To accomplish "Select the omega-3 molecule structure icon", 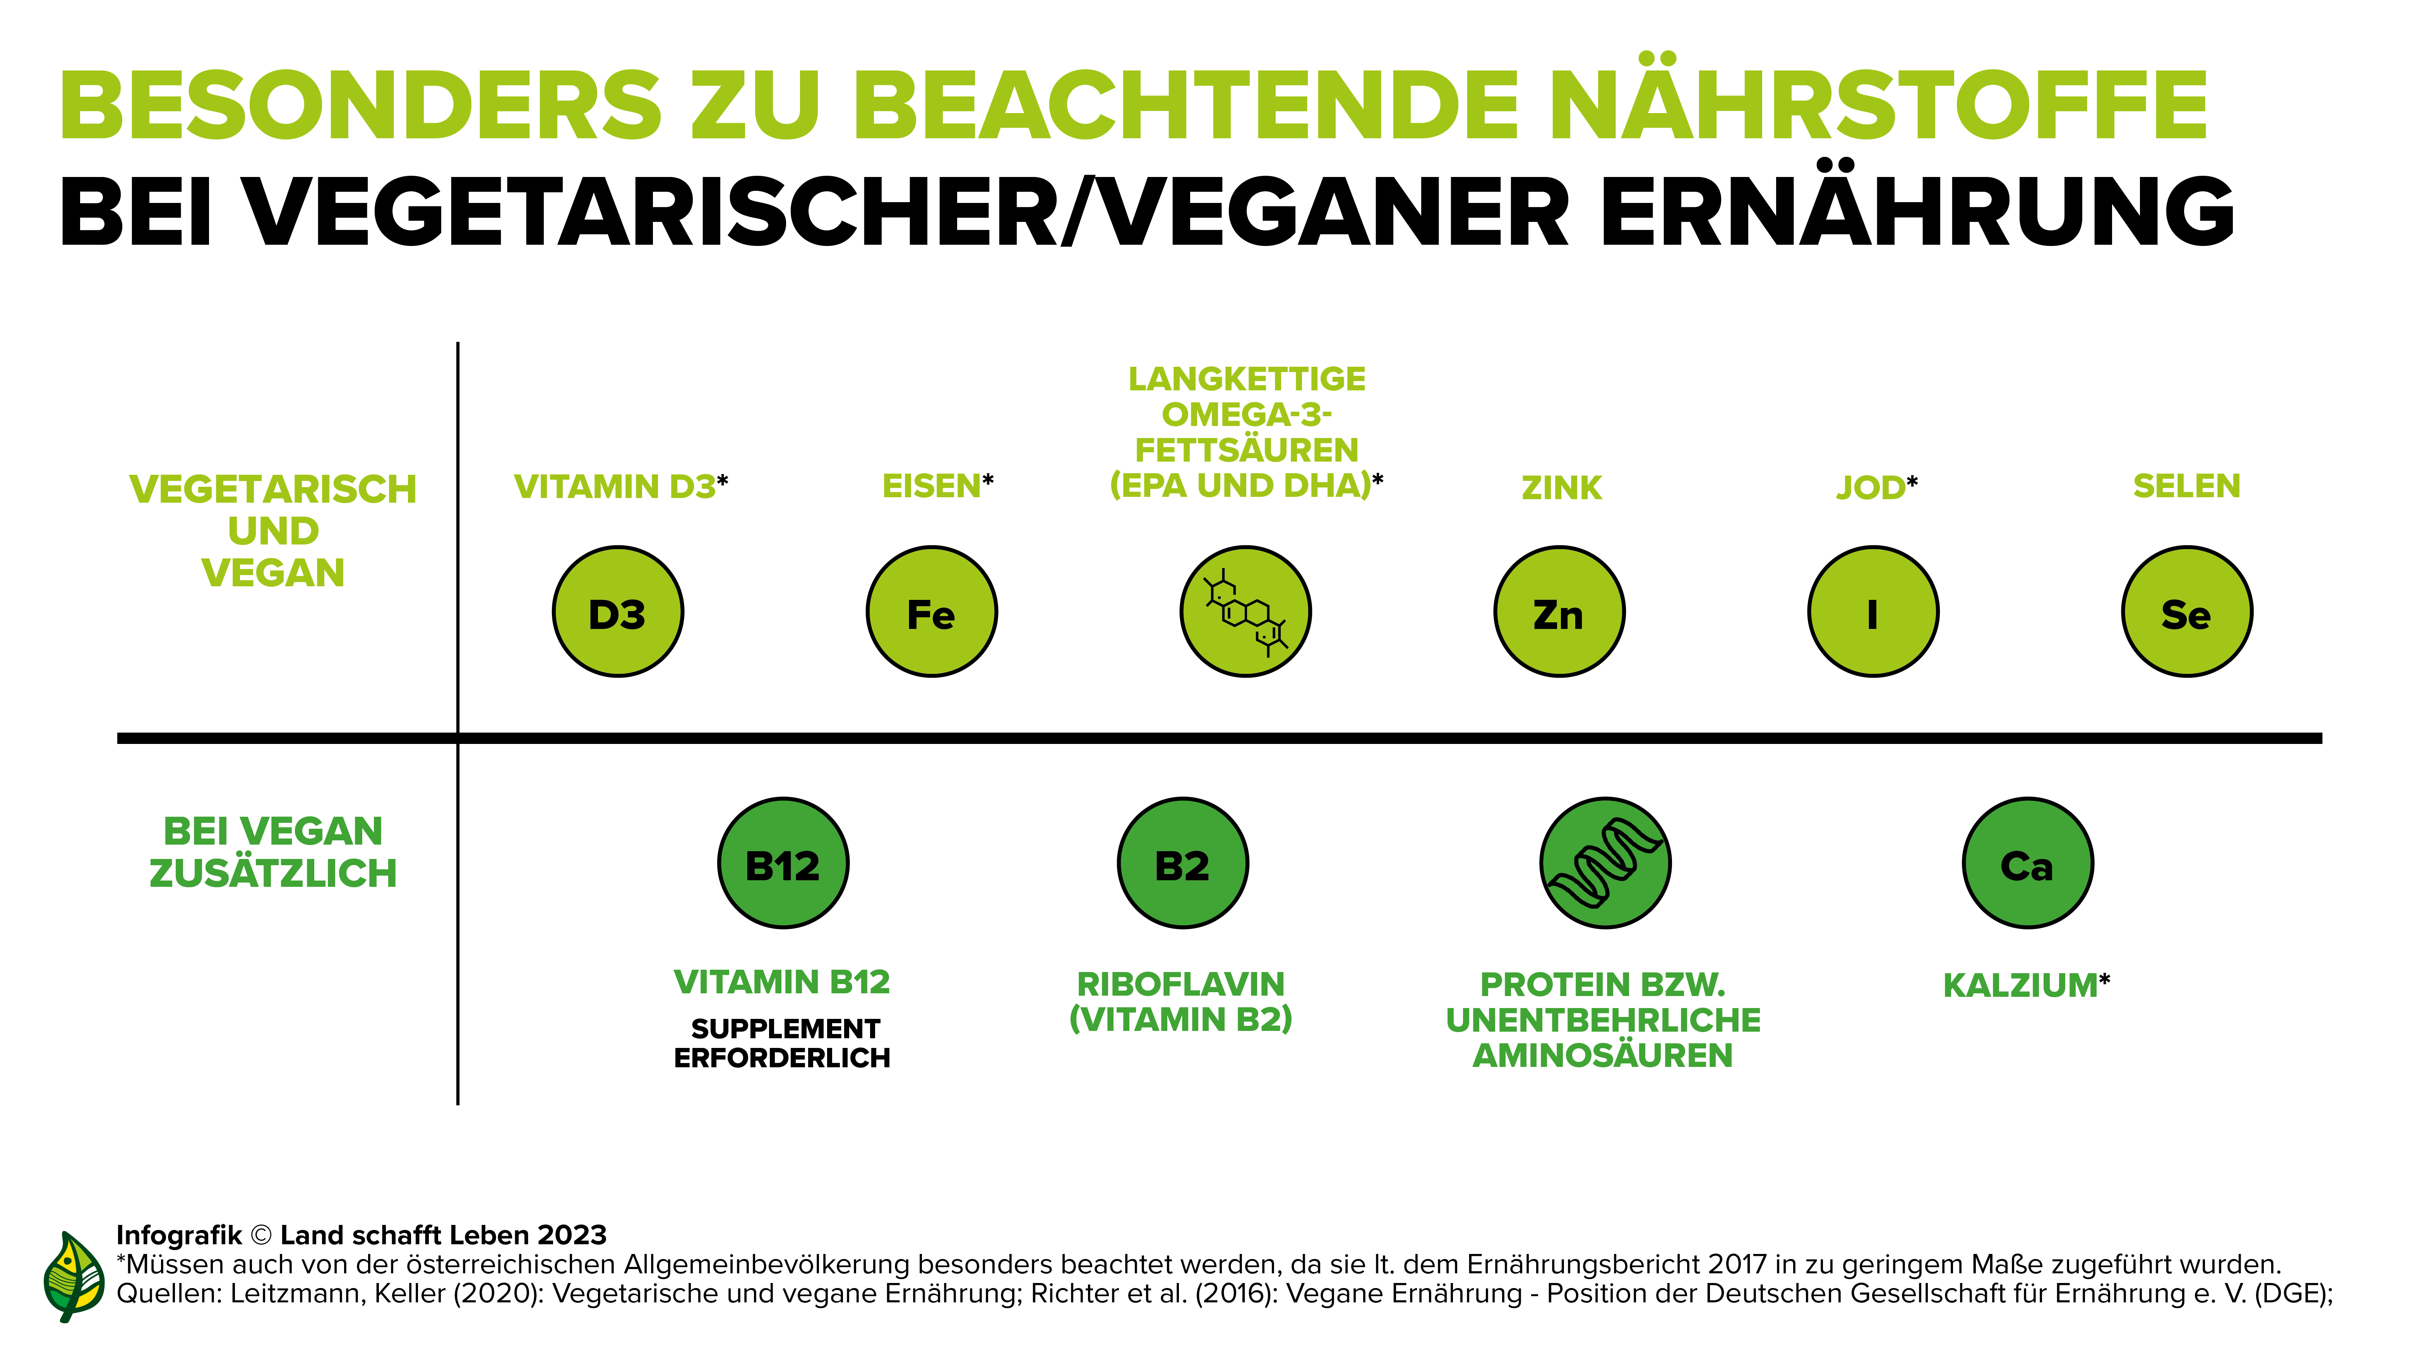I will click(x=1245, y=611).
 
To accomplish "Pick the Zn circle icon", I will click(x=1559, y=611).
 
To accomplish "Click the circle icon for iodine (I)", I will click(x=1872, y=611).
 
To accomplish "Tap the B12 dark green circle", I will click(x=783, y=863).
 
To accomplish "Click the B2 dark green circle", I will click(x=1182, y=863).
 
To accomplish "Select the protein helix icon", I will click(x=1605, y=863).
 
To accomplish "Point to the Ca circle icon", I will click(x=2027, y=863).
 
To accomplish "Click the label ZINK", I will click(x=1561, y=488).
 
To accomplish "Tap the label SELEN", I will click(x=2186, y=486).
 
